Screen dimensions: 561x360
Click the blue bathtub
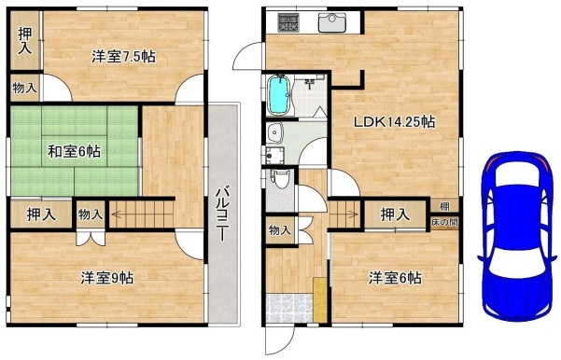(280, 95)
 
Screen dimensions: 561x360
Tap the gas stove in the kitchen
(288, 22)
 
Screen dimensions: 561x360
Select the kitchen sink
(332, 22)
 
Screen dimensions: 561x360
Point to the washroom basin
(275, 132)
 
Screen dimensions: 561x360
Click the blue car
(517, 235)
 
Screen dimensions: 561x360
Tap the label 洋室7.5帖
(123, 57)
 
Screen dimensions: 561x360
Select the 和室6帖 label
(75, 152)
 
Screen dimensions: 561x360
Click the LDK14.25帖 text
(394, 122)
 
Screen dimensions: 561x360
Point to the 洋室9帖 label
(107, 277)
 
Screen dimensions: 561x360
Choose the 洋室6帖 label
(395, 277)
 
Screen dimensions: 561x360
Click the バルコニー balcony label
(222, 214)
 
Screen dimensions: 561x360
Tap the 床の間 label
(444, 222)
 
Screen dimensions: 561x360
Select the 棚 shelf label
(444, 206)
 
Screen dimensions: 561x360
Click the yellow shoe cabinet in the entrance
(320, 299)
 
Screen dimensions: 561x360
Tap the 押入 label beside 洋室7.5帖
(25, 41)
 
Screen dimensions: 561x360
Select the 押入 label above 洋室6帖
(395, 215)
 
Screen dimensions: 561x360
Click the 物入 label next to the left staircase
(91, 215)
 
